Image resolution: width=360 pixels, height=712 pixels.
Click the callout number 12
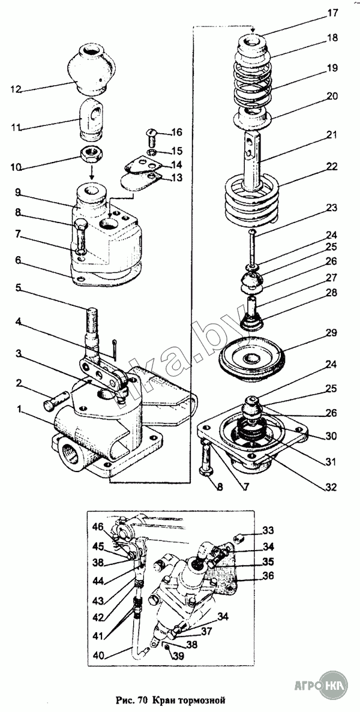17,89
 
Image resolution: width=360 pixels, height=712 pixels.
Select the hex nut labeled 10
92,157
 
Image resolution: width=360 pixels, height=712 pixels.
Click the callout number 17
333,14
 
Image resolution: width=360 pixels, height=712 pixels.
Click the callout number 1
20,410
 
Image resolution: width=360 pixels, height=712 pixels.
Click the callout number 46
99,527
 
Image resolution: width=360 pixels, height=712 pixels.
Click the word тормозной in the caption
203,699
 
